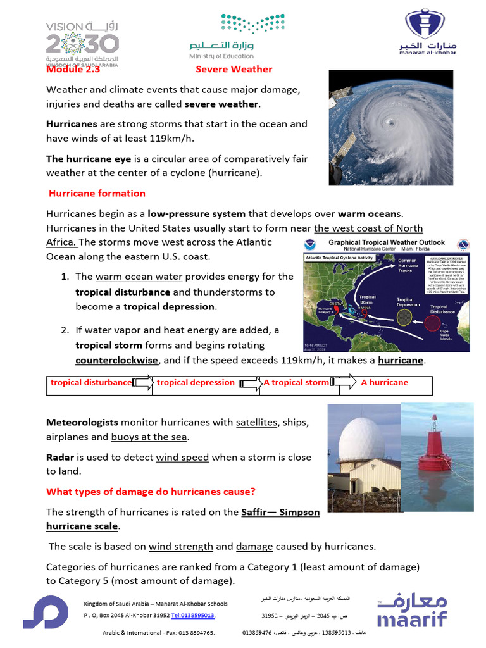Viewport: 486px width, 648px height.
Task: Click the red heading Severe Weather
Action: (234, 69)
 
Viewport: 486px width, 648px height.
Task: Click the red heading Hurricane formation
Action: (97, 193)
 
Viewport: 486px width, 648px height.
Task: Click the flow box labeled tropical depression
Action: (196, 382)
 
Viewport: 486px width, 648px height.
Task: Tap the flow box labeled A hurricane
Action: (384, 382)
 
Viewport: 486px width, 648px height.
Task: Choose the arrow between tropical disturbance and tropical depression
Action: (143, 382)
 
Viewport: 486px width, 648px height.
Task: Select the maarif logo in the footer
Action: (412, 611)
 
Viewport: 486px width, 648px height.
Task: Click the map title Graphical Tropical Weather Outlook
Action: (385, 242)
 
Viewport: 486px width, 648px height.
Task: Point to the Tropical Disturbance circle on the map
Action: (433, 325)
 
